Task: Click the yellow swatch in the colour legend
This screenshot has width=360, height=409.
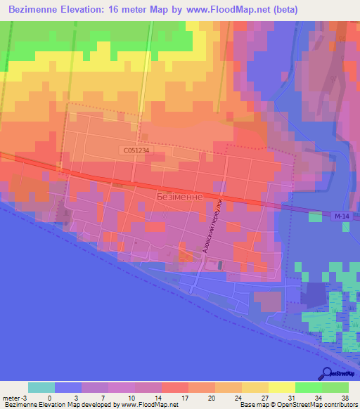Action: pyautogui.click(x=281, y=387)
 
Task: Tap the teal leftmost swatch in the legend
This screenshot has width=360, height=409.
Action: pyautogui.click(x=41, y=387)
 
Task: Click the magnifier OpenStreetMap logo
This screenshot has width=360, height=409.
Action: pyautogui.click(x=326, y=372)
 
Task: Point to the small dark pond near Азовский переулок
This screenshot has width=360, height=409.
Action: pyautogui.click(x=220, y=265)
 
